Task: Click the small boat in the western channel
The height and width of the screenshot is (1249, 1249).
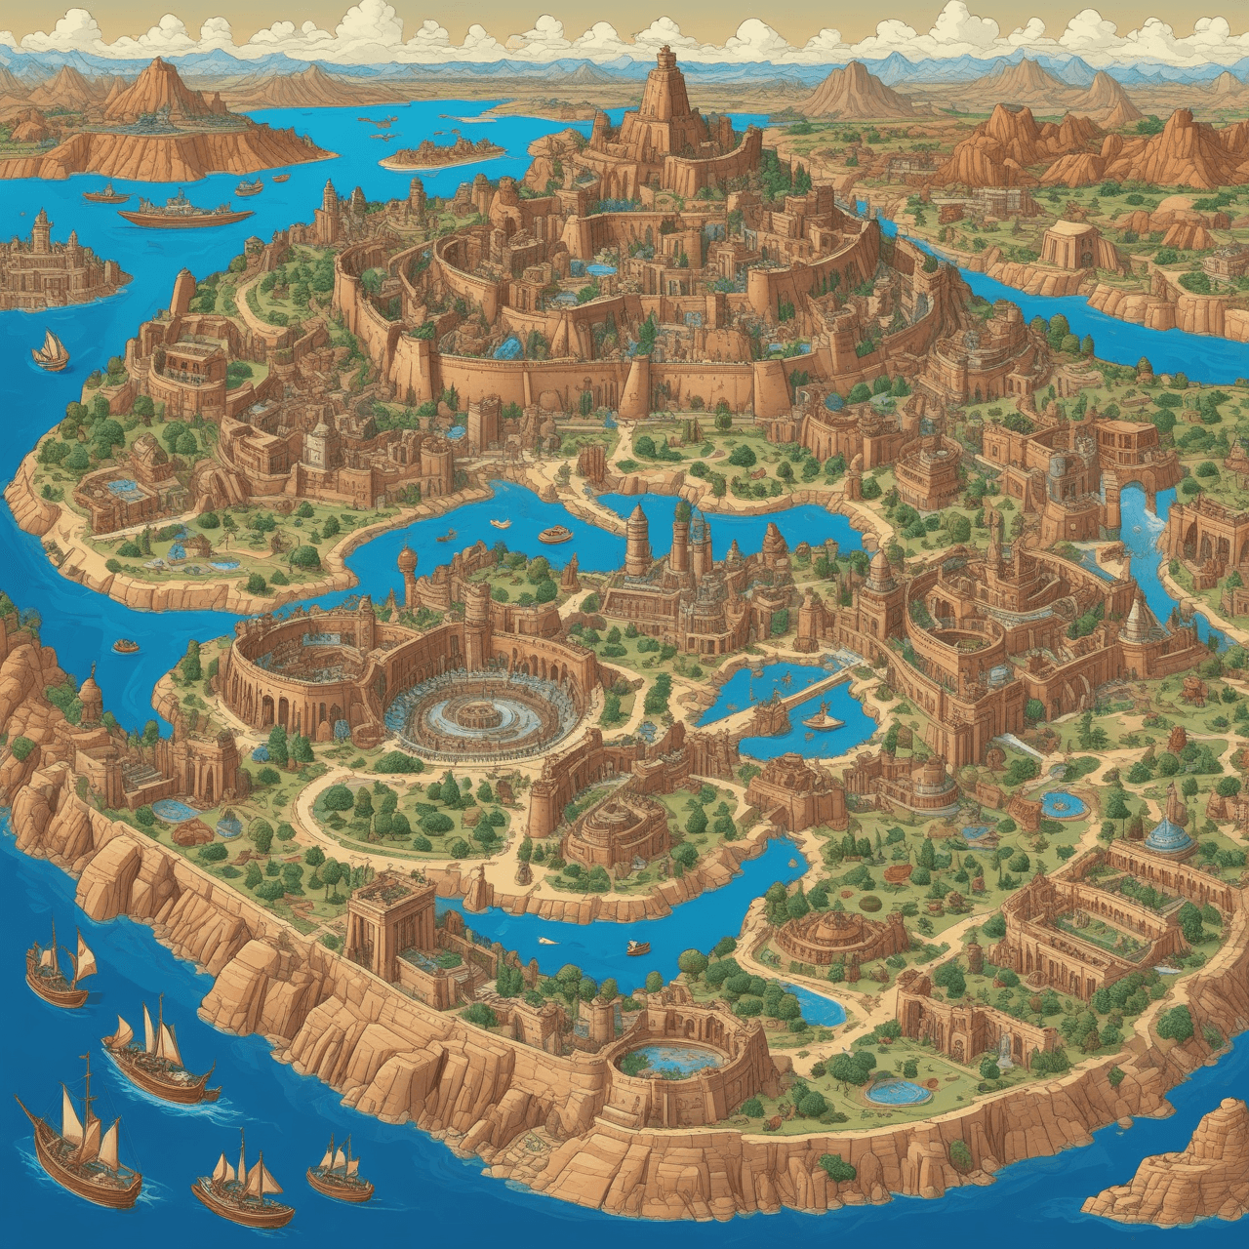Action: point(125,646)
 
